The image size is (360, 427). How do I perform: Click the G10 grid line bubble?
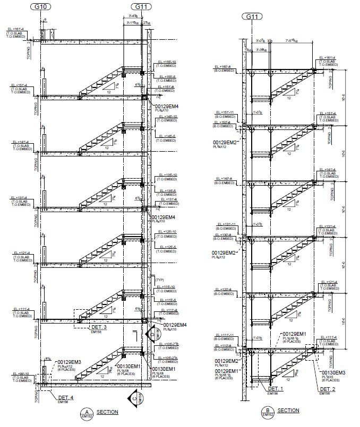[40, 7]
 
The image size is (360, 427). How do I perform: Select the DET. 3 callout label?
[98, 327]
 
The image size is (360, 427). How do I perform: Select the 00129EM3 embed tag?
[68, 362]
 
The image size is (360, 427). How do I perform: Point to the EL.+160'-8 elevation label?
[225, 67]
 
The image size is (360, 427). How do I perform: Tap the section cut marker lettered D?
[152, 335]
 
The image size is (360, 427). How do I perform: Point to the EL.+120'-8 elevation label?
[224, 290]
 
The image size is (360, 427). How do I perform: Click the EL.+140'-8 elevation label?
[224, 178]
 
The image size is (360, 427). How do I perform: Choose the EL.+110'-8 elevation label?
[224, 345]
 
